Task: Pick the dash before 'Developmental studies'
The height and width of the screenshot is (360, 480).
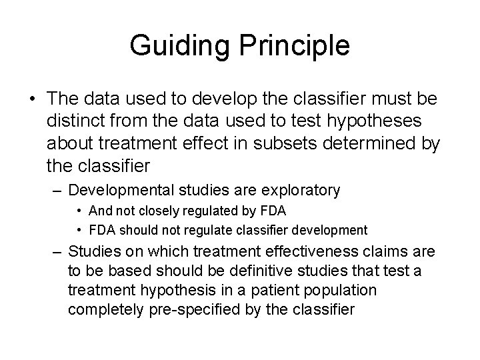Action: (57, 191)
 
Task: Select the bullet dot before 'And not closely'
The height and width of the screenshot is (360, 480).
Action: (79, 212)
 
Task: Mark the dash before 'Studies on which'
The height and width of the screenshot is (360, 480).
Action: (57, 252)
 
